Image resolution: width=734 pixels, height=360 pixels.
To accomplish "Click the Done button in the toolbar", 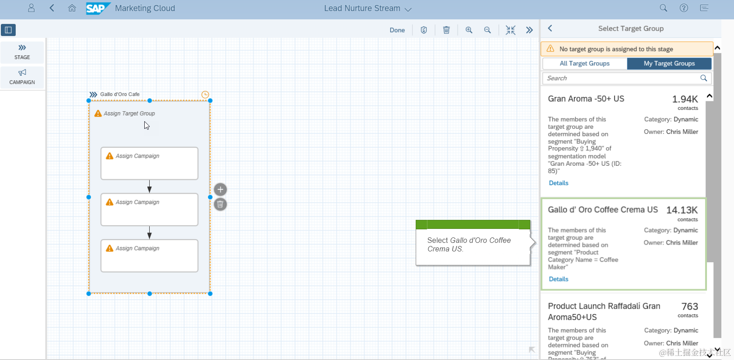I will click(397, 30).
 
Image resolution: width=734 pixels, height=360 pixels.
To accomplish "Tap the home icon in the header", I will click(72, 8).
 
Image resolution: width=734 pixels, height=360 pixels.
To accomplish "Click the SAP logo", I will click(97, 8).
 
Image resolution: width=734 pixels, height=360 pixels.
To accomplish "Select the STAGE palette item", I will click(22, 52).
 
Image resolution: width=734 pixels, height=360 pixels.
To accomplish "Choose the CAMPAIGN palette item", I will click(22, 77).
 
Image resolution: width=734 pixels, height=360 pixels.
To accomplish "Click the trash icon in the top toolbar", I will click(446, 30).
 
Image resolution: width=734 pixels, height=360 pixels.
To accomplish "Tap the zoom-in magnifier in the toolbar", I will click(469, 30).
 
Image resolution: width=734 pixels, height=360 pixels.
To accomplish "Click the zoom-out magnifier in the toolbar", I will click(487, 30).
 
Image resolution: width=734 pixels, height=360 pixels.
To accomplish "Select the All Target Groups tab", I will click(584, 64).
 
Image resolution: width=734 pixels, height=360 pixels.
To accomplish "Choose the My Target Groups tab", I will click(669, 64).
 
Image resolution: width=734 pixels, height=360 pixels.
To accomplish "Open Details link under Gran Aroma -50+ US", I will click(559, 183).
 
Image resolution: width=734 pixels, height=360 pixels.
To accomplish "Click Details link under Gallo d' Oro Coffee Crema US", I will click(559, 279).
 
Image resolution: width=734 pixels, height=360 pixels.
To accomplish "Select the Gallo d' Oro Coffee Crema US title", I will click(603, 210).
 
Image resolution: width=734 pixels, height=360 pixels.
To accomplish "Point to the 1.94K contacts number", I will click(685, 99).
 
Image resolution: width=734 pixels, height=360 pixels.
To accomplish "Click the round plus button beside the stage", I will click(220, 189).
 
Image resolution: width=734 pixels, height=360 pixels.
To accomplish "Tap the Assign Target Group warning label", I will click(129, 114).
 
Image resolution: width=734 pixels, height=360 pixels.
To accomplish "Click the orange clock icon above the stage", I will click(205, 95).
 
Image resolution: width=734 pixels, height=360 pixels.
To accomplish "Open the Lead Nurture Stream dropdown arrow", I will click(408, 9).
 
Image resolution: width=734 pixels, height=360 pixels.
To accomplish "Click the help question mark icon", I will click(684, 8).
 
